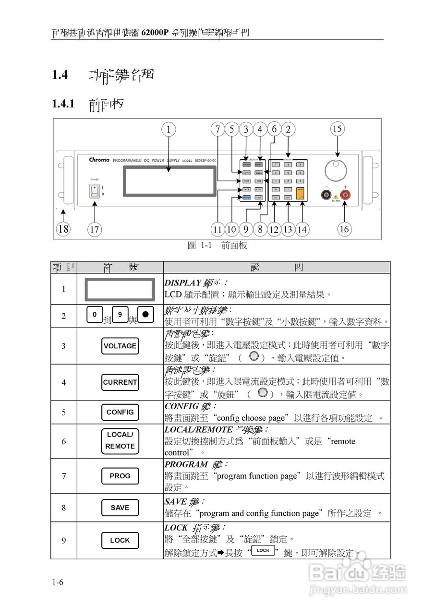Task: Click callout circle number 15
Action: (338, 129)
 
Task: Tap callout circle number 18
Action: (62, 229)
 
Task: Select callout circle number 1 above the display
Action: (169, 129)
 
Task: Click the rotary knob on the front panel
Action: (336, 170)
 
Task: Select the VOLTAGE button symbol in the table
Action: (120, 346)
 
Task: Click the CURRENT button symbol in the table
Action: (120, 382)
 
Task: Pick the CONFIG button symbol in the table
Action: (120, 412)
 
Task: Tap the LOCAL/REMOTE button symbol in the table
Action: (120, 440)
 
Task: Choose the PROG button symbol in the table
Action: (120, 476)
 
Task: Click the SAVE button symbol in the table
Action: (120, 508)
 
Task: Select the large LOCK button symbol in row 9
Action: (120, 540)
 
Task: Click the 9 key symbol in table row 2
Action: (121, 315)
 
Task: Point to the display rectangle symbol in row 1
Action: (120, 289)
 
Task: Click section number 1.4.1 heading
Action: (63, 104)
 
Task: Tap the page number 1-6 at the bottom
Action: (58, 582)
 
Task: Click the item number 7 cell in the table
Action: (64, 476)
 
